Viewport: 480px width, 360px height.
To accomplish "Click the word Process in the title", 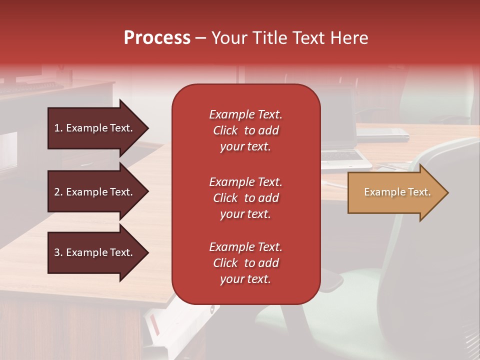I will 157,38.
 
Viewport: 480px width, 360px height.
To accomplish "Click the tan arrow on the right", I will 395,192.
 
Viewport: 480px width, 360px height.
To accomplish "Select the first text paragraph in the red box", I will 245,130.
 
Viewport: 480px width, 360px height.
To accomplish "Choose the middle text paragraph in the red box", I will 245,198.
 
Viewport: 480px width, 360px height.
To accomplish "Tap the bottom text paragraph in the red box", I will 245,263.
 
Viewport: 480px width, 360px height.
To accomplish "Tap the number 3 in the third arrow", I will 57,252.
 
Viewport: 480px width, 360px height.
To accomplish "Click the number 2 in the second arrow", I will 57,192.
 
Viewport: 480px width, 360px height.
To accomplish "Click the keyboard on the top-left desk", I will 30,88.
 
